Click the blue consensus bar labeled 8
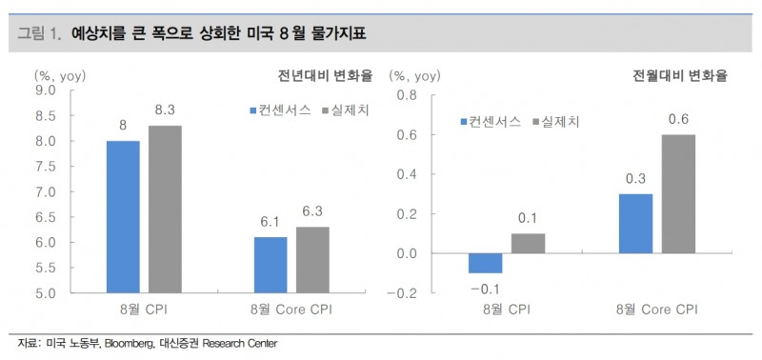coord(123,216)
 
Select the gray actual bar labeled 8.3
coord(165,209)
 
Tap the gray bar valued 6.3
coord(312,259)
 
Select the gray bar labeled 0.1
coord(529,243)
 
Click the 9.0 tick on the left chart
coord(45,90)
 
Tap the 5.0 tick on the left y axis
coord(45,292)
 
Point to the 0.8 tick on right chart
coord(407,95)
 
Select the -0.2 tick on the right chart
coord(404,292)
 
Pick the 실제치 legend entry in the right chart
coord(562,122)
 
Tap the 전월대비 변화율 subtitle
coord(681,76)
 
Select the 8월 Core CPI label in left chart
coord(291,310)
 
